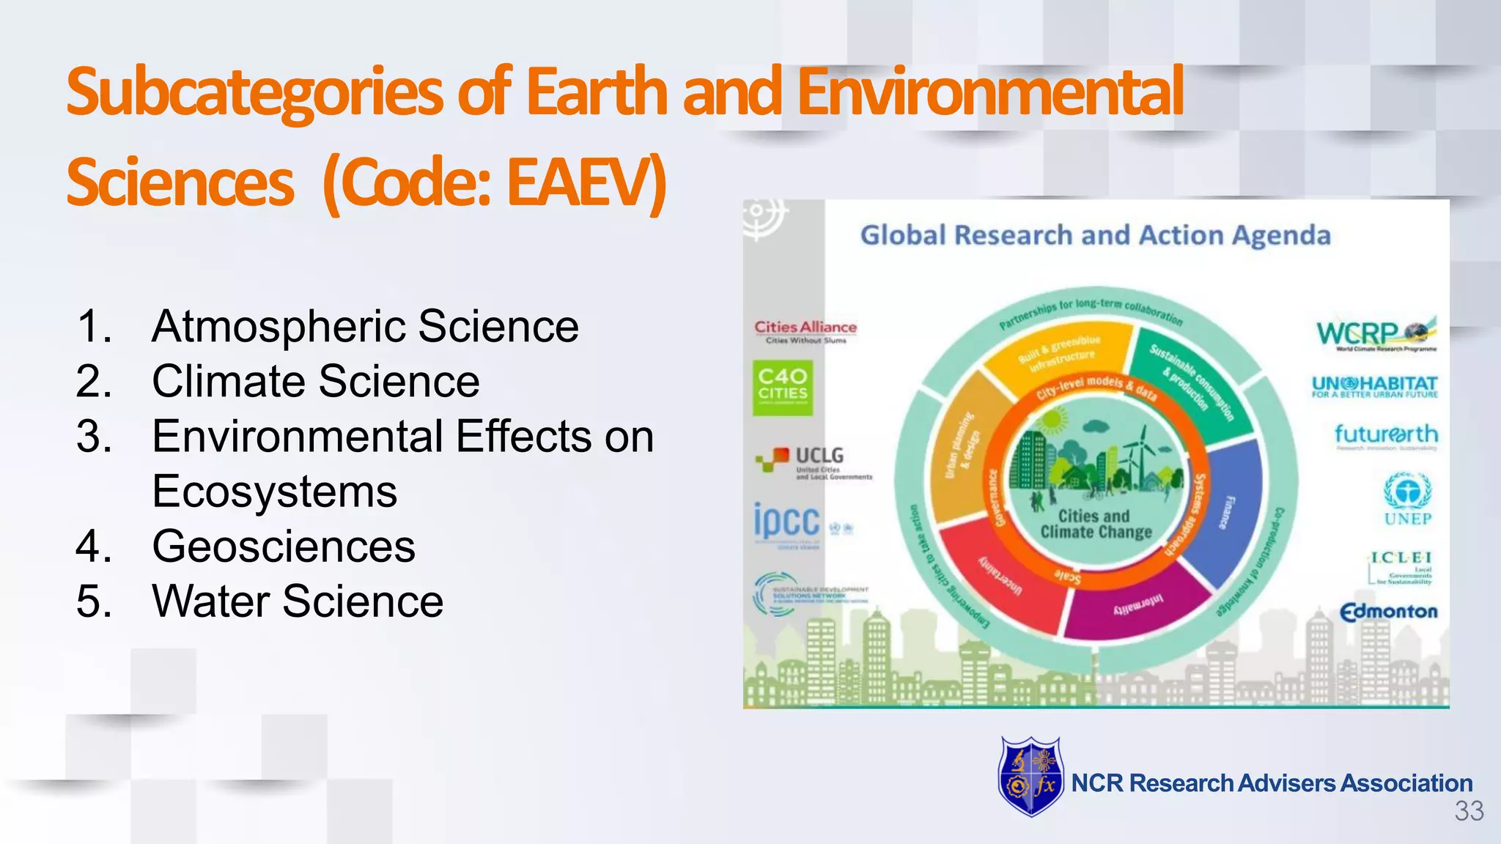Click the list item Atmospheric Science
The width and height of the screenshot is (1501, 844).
pyautogui.click(x=364, y=326)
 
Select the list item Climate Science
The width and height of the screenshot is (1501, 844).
pyautogui.click(x=315, y=381)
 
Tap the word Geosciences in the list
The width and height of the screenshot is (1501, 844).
pyautogui.click(x=283, y=546)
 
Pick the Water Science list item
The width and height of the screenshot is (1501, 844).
pyautogui.click(x=297, y=601)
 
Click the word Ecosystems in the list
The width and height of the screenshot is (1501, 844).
pyautogui.click(x=274, y=491)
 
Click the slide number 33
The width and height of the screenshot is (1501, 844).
pyautogui.click(x=1469, y=812)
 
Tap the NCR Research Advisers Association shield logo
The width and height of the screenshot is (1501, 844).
pyautogui.click(x=1030, y=777)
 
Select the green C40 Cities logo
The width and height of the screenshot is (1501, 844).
pyautogui.click(x=783, y=387)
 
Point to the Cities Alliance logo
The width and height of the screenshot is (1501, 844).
pyautogui.click(x=805, y=330)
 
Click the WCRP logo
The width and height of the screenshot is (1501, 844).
pyautogui.click(x=1375, y=334)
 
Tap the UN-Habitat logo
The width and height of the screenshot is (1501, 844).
pyautogui.click(x=1374, y=386)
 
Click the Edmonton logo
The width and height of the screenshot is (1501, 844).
pyautogui.click(x=1389, y=611)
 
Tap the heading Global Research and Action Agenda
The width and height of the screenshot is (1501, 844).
pyautogui.click(x=1095, y=235)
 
